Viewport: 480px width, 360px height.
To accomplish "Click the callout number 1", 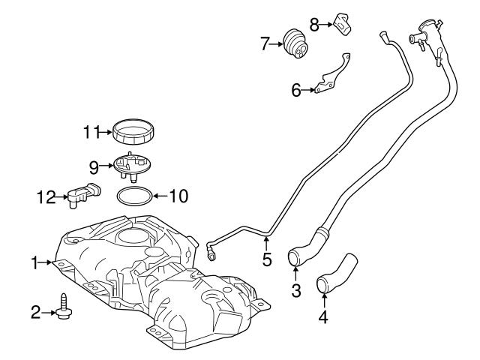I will (34, 262).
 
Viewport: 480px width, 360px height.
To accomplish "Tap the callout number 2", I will (35, 311).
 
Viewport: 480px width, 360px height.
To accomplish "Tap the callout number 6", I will (296, 91).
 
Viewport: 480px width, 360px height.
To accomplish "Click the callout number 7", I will (264, 43).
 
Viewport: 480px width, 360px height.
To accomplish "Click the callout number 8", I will (315, 24).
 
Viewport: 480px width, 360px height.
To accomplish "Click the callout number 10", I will (178, 197).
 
